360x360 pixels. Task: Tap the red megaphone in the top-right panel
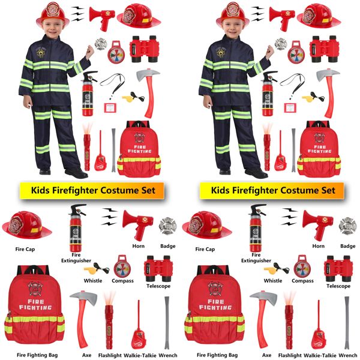(x=282, y=17)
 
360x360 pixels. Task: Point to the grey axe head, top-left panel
(x=148, y=74)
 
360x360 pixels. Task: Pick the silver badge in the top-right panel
(x=281, y=44)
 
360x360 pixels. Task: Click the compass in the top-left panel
(x=116, y=52)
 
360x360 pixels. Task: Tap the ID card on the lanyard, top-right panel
(x=290, y=107)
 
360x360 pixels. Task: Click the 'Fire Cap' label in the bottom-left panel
(x=25, y=250)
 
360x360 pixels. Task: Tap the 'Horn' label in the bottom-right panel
(x=318, y=246)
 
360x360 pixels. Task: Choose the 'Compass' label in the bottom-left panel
(x=122, y=281)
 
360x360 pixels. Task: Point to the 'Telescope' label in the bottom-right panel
(x=338, y=286)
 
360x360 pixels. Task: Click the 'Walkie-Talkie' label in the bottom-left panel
(x=140, y=355)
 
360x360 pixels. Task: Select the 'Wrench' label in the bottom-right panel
(x=348, y=355)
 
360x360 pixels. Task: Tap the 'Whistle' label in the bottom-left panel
(x=93, y=281)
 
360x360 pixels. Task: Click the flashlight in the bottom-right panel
(x=289, y=320)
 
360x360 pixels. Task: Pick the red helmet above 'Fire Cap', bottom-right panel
(x=207, y=225)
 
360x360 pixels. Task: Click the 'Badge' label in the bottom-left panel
(x=168, y=246)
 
